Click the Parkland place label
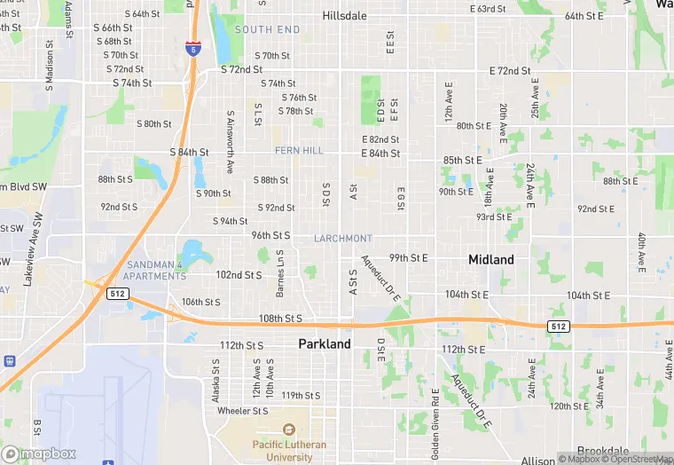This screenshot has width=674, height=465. (325, 343)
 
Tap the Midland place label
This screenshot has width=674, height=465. (490, 260)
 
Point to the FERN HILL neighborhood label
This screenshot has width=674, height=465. (299, 151)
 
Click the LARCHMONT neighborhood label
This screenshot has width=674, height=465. (343, 239)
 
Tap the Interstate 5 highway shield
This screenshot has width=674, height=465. (193, 49)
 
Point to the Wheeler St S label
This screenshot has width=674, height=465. (242, 411)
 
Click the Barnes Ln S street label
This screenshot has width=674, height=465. (282, 272)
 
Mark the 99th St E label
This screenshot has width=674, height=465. (408, 258)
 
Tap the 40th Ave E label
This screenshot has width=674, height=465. (640, 252)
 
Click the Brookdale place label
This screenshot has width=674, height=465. (603, 451)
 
